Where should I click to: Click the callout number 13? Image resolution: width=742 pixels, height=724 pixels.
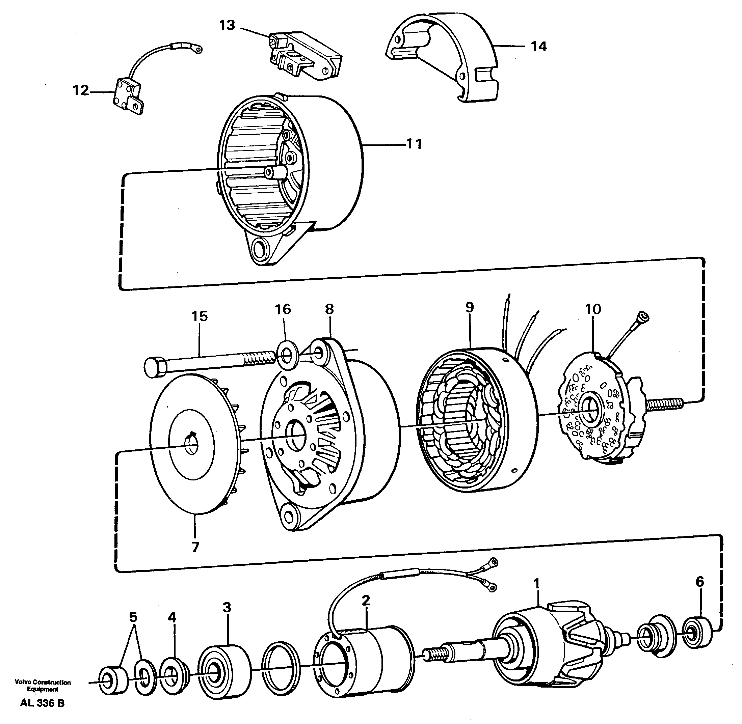click(x=227, y=26)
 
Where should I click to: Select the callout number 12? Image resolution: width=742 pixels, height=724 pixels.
click(x=81, y=90)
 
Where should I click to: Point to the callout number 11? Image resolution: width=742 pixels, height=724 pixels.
click(x=414, y=144)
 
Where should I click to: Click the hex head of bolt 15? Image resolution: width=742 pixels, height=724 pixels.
click(x=155, y=367)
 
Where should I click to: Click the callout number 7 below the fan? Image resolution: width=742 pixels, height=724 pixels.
click(x=195, y=547)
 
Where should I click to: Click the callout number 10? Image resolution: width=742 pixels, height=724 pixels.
click(x=592, y=309)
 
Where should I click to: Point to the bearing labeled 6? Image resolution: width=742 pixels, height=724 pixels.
click(x=697, y=633)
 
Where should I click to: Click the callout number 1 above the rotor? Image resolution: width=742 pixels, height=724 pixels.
click(x=537, y=584)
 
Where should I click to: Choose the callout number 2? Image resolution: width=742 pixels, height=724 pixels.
click(x=366, y=601)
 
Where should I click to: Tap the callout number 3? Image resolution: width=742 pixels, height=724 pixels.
click(x=227, y=607)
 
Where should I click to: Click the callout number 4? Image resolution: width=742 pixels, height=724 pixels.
click(x=172, y=617)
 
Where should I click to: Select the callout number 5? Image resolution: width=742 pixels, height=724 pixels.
click(x=133, y=617)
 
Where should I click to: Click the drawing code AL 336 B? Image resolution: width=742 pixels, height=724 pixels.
click(x=42, y=703)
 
